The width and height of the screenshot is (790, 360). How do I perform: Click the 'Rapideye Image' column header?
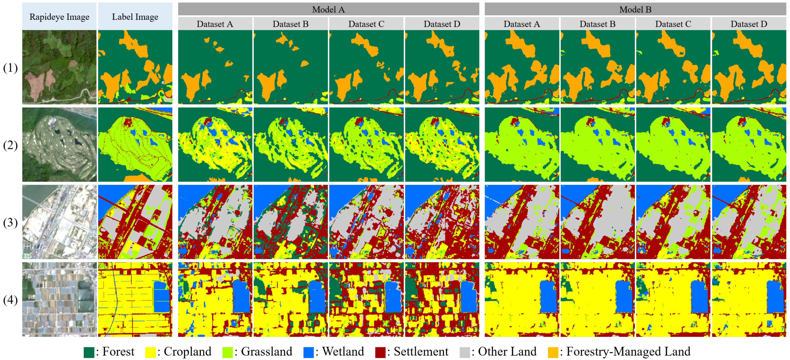click(59, 17)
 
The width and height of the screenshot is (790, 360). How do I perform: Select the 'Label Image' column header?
click(135, 17)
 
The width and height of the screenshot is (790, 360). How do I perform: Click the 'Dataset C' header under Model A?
click(366, 24)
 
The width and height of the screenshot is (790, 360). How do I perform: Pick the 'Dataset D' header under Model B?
click(749, 24)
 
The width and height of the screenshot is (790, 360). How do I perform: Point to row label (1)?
click(10, 68)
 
